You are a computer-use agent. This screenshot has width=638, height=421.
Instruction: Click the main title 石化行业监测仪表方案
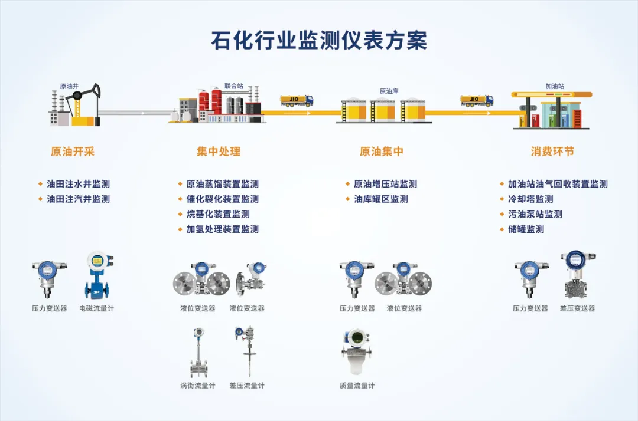(319, 40)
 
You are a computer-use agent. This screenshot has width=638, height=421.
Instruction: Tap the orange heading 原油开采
(73, 152)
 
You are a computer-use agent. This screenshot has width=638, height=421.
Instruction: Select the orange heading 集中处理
(219, 152)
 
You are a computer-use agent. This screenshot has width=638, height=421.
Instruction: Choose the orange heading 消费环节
(552, 152)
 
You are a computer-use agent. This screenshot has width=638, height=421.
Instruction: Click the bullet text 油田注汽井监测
(78, 199)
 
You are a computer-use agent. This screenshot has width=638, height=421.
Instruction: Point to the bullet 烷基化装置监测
(218, 214)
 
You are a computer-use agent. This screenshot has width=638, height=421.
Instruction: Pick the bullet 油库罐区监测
(380, 199)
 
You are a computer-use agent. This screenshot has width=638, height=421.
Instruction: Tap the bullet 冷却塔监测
(530, 199)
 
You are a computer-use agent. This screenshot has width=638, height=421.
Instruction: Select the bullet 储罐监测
(526, 229)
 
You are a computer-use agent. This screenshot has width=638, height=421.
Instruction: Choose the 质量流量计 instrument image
(357, 352)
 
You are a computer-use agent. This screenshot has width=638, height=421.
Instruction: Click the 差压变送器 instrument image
(577, 276)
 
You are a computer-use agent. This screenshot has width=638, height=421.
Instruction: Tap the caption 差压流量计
(247, 386)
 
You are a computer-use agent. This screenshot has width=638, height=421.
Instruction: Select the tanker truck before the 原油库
(297, 101)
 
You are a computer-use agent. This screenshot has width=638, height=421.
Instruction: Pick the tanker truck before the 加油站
(477, 101)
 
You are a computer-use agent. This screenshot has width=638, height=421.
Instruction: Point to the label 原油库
(389, 91)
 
